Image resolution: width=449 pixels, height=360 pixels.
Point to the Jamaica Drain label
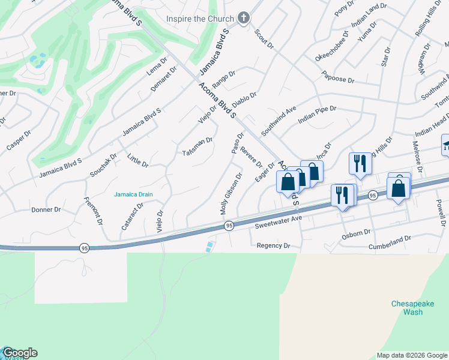pyautogui.click(x=134, y=194)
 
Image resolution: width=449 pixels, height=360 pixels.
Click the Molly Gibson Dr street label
pyautogui.click(x=231, y=195)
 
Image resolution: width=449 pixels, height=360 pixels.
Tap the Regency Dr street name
pyautogui.click(x=273, y=246)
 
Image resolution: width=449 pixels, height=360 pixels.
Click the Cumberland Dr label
pyautogui.click(x=390, y=239)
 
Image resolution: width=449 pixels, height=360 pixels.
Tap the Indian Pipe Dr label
pyautogui.click(x=317, y=114)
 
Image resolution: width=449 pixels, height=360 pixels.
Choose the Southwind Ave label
pyautogui.click(x=279, y=121)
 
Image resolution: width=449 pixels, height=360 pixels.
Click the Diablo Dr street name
pyautogui.click(x=244, y=99)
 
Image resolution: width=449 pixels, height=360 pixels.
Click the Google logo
pyautogui.click(x=19, y=353)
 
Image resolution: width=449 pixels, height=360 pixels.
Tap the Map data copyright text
pyautogui.click(x=411, y=355)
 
